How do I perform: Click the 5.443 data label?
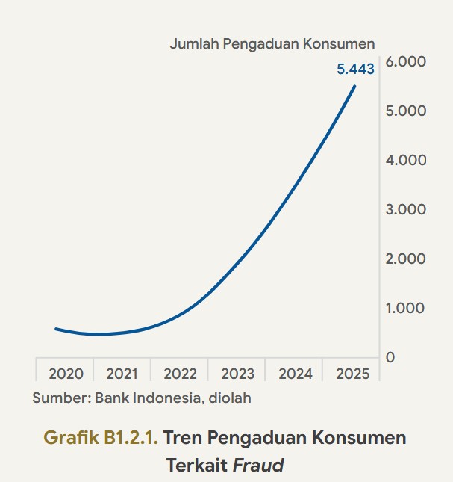355,69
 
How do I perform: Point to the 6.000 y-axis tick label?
406,61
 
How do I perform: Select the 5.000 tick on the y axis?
406,111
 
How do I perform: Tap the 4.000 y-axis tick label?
406,160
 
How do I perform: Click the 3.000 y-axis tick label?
406,209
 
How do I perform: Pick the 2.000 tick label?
406,259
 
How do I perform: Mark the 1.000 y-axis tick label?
406,308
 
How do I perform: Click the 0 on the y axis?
390,357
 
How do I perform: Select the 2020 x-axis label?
66,374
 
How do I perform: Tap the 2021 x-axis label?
122,374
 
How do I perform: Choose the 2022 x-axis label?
180,374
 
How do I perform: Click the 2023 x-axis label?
237,374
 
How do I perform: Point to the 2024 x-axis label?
295,374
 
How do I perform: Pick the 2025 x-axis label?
352,374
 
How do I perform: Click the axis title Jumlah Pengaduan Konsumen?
272,43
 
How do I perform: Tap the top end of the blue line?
354,86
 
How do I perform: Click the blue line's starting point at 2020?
56,328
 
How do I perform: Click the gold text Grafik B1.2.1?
101,438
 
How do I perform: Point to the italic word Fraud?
258,466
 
